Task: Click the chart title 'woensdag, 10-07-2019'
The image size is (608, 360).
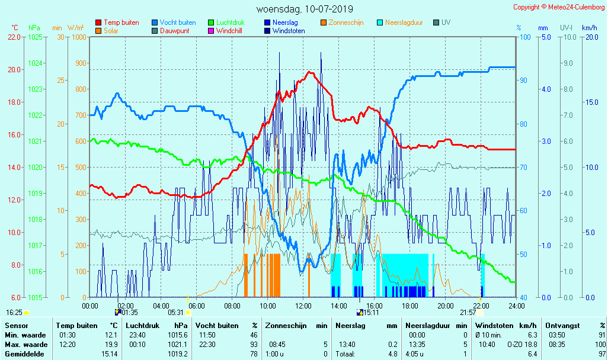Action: click(x=305, y=9)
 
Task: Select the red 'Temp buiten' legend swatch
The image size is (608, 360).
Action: click(x=98, y=22)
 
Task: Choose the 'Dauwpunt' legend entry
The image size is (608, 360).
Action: click(x=174, y=31)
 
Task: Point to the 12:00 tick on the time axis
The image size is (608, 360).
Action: click(x=303, y=306)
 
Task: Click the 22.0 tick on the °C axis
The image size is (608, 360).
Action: click(x=14, y=37)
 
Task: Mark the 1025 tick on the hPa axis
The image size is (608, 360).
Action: click(x=35, y=37)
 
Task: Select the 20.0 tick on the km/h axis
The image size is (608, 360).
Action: click(x=590, y=37)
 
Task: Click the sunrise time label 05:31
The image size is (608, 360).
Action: click(x=176, y=313)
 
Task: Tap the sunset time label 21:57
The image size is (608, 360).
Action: click(x=468, y=313)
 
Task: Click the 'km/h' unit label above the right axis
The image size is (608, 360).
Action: click(x=590, y=27)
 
